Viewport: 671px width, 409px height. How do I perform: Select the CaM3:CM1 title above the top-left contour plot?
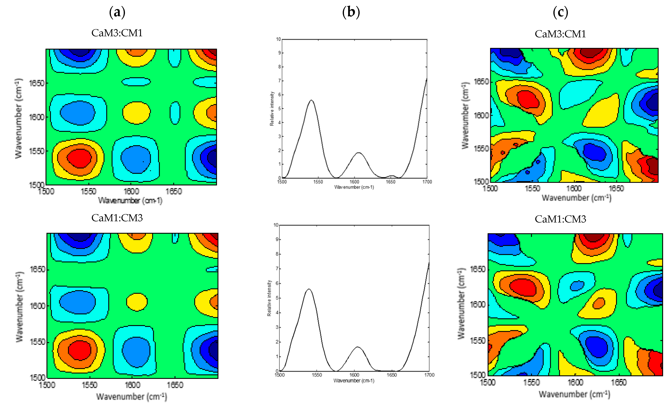[117, 33]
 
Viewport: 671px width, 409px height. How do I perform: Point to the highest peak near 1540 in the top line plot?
[311, 100]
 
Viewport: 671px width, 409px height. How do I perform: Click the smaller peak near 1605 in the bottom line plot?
[358, 347]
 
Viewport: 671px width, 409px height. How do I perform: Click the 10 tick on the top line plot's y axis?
[278, 39]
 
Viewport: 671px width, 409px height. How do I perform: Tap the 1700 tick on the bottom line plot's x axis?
[429, 375]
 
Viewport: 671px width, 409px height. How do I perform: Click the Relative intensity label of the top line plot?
[272, 108]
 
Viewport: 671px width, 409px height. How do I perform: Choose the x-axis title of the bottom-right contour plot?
[574, 394]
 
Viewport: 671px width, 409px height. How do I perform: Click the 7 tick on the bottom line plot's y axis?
[277, 269]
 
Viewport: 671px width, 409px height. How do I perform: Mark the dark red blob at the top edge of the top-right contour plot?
[590, 52]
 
